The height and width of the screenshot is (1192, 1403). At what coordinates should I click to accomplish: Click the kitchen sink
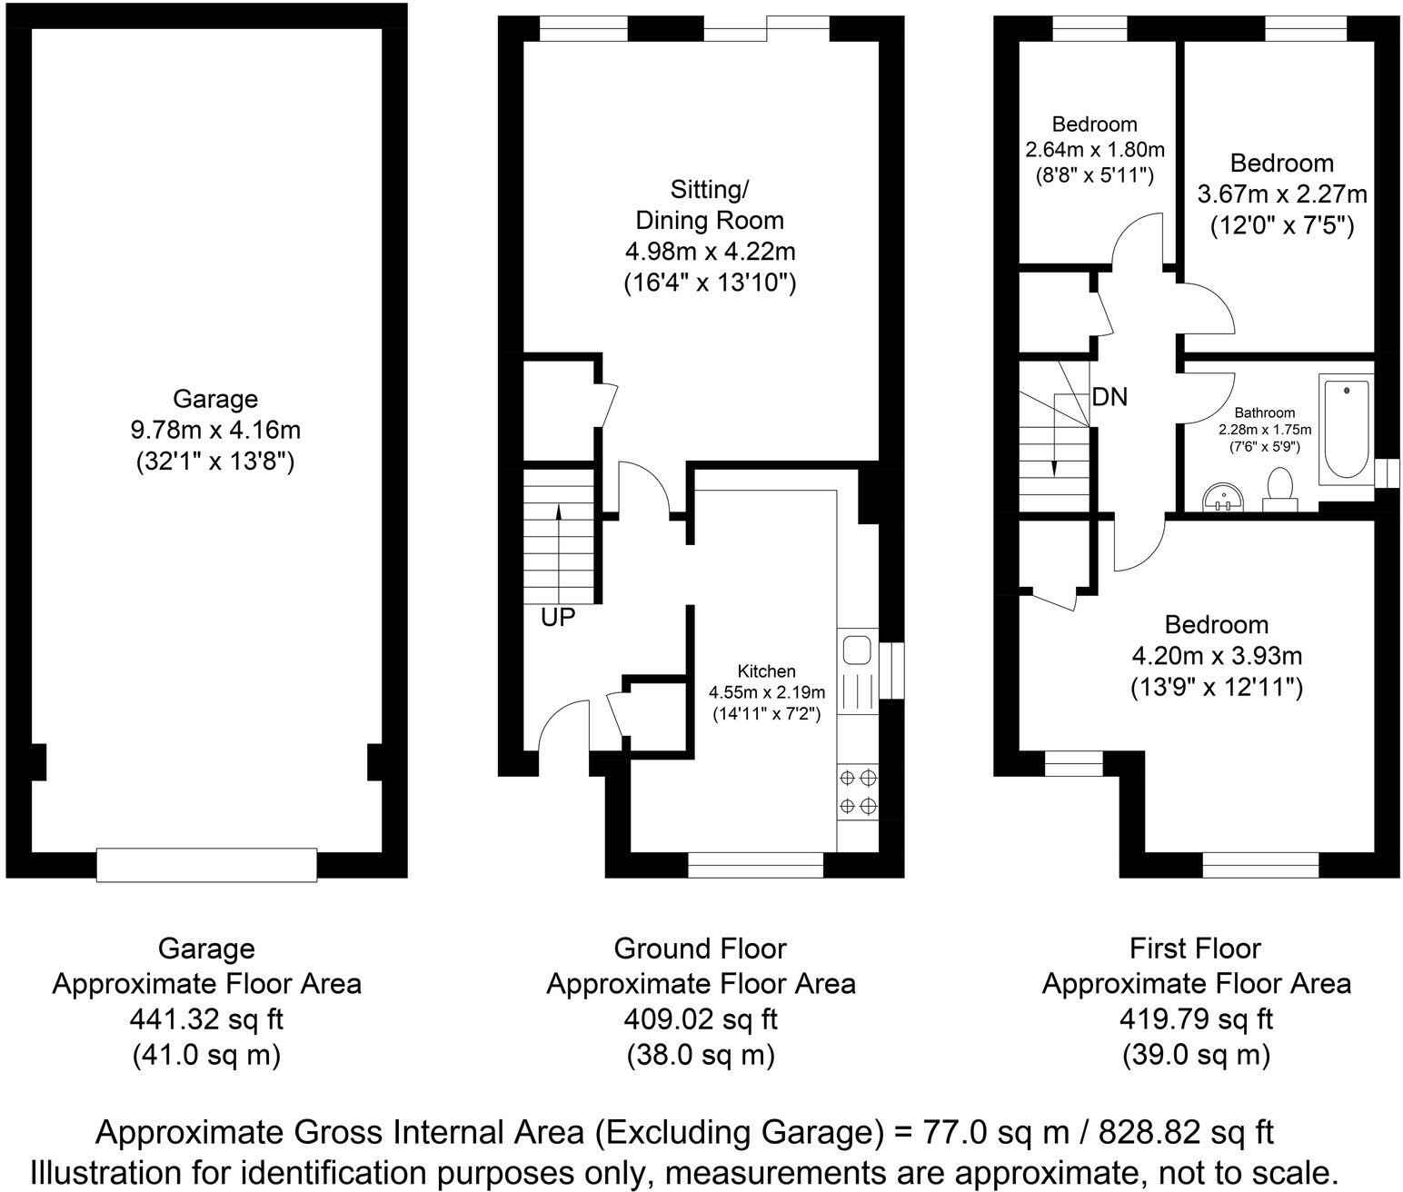tap(856, 651)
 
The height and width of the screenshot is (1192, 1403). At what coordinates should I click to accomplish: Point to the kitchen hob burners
tap(857, 791)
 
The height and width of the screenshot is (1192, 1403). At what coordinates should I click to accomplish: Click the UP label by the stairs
tap(558, 617)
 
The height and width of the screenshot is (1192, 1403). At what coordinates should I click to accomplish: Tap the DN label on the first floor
tap(1109, 396)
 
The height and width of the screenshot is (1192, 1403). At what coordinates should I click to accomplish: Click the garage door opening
tap(207, 864)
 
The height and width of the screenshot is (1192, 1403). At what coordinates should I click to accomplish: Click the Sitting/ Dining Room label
tap(710, 204)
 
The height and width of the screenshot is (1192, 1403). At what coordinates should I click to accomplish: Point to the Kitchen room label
tap(766, 671)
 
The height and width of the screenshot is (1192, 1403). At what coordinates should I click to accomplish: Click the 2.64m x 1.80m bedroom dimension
tap(1094, 149)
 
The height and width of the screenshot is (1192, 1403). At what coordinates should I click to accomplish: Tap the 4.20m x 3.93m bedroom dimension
tap(1217, 655)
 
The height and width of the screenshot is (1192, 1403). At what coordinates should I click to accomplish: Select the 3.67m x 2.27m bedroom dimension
tap(1282, 194)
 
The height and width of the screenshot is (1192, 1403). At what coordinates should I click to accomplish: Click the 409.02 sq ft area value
tap(701, 1019)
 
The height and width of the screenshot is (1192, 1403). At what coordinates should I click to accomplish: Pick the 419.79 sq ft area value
tap(1196, 1019)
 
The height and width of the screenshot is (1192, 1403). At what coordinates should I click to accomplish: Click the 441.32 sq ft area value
tap(206, 1019)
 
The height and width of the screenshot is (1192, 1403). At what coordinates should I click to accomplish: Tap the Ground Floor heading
tap(701, 949)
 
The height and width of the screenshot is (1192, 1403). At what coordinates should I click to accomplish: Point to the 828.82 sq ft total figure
tap(1186, 1132)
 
